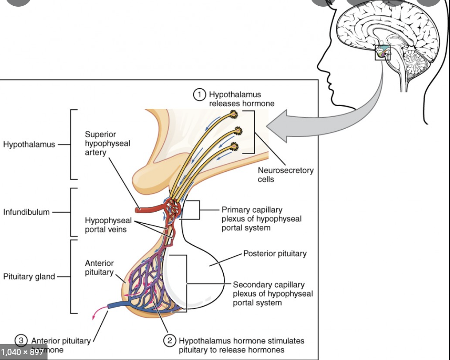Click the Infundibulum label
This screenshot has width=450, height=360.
(26, 212)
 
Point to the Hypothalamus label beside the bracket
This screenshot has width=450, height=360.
(29, 145)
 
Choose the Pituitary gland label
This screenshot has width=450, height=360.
(29, 277)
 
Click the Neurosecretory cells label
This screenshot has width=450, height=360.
(285, 175)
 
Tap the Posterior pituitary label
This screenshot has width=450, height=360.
(275, 253)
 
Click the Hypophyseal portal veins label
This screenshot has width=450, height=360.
(108, 225)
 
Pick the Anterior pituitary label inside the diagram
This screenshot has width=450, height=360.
(99, 267)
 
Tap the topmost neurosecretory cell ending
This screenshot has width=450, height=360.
(233, 114)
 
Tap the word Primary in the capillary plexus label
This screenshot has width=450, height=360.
(235, 210)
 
